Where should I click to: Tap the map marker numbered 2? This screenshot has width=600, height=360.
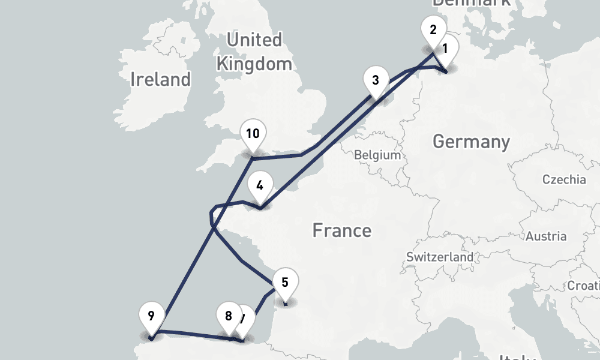pos(433,30)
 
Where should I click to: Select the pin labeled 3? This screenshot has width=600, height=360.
pos(375,81)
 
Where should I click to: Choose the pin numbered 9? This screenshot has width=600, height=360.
pos(151,316)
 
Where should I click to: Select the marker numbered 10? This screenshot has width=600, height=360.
pos(253,134)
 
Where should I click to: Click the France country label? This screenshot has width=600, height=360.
pos(341,230)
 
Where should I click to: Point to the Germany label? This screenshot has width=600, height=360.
pos(471,142)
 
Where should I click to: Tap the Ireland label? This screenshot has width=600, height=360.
pos(160,79)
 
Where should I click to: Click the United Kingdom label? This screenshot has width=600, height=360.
pos(254,52)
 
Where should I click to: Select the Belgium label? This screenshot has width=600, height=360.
pos(377,155)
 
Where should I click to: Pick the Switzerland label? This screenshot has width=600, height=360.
pos(439,257)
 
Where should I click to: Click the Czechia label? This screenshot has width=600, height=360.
pos(564,179)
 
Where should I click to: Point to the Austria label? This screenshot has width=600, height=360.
pos(546,236)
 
